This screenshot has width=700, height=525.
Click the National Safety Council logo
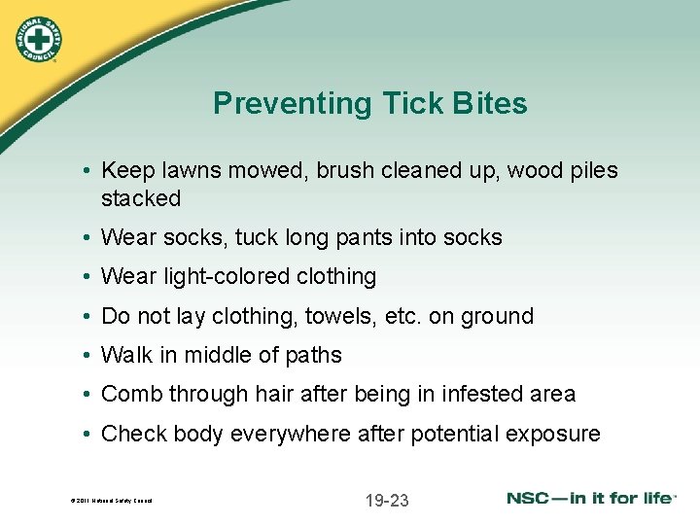[x=39, y=40]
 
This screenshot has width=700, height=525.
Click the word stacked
[x=141, y=198]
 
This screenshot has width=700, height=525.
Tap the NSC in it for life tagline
[x=591, y=499]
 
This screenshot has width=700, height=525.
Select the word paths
[x=314, y=356]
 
